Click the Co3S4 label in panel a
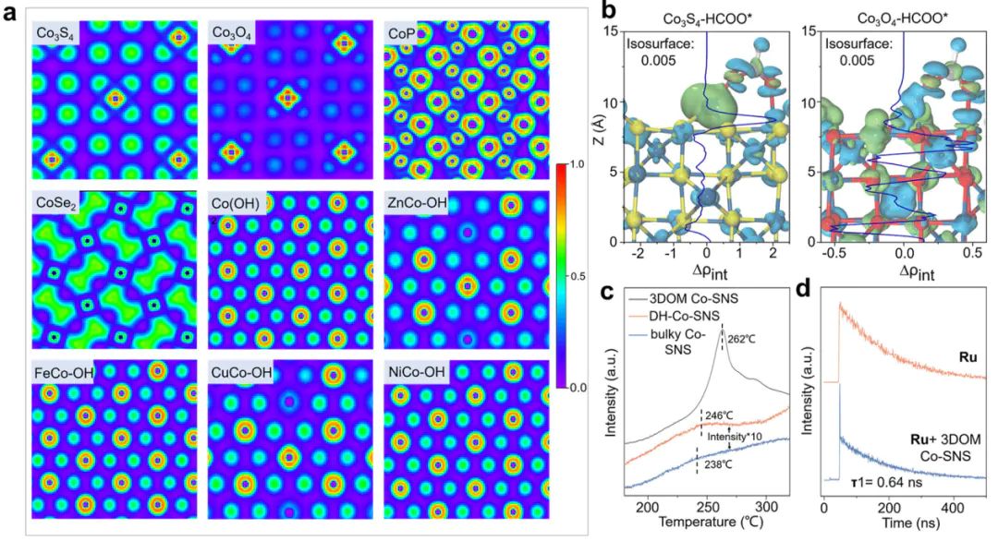pyautogui.click(x=57, y=34)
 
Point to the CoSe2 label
pyautogui.click(x=58, y=204)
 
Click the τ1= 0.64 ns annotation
pyautogui.click(x=878, y=478)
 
